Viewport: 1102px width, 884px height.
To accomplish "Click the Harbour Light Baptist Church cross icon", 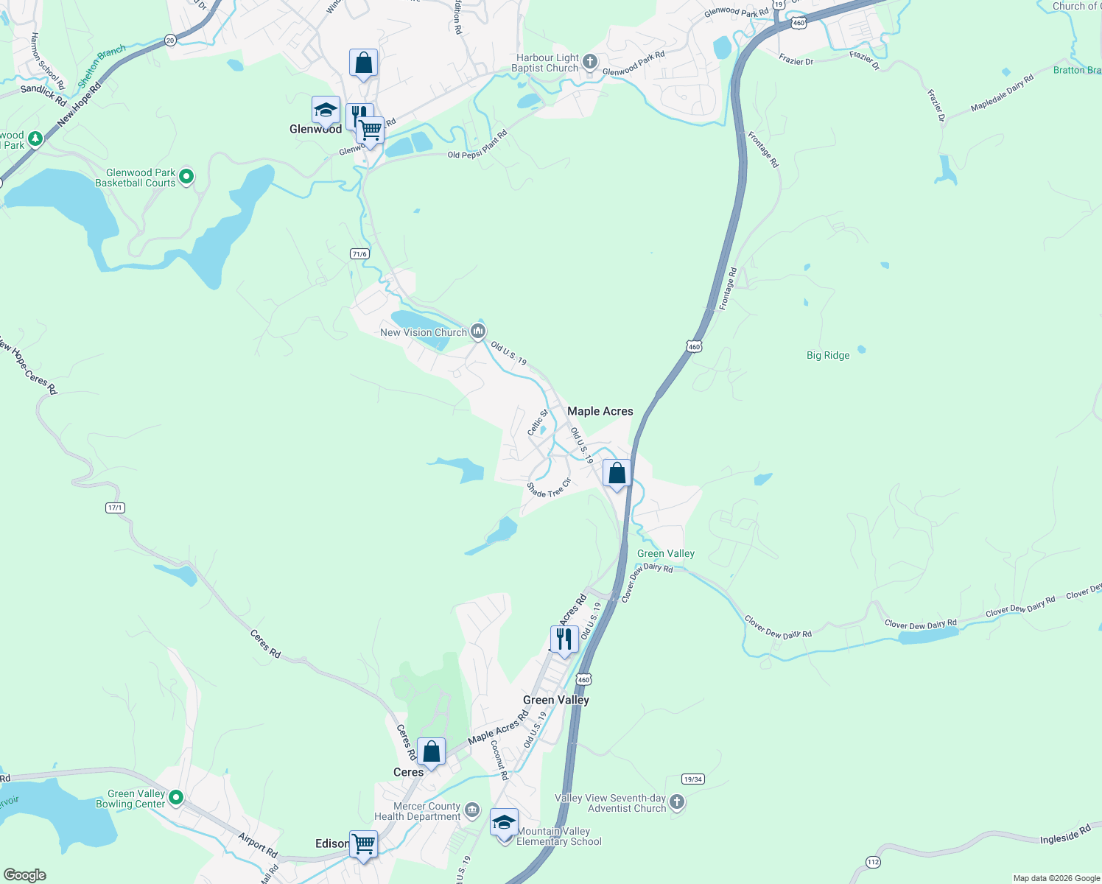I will [589, 62].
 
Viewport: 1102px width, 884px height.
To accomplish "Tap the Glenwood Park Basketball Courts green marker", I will [186, 177].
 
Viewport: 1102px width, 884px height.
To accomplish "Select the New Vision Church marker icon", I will [478, 332].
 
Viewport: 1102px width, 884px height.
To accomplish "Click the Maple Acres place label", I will [600, 411].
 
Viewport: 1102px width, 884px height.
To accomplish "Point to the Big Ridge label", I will [828, 355].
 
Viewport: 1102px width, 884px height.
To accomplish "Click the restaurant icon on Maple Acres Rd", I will [564, 639].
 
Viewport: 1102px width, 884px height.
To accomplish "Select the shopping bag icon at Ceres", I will [431, 751].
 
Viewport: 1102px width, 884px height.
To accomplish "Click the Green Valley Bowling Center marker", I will [175, 797].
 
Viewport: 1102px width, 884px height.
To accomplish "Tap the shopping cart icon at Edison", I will [364, 844].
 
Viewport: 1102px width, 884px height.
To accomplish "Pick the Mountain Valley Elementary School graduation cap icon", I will [504, 822].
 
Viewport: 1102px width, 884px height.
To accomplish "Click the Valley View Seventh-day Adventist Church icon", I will [676, 801].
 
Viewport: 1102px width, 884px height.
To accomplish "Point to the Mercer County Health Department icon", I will [472, 810].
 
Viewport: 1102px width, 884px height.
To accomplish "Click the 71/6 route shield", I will [359, 254].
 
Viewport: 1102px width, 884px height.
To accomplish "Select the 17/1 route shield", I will [115, 508].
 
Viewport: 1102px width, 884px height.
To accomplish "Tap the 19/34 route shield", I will [692, 779].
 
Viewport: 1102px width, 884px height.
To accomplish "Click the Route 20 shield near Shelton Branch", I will [170, 41].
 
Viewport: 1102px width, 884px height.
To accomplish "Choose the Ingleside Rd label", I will [1065, 835].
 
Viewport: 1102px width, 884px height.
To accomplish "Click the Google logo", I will [25, 874].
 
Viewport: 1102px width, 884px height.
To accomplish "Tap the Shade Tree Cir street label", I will [549, 490].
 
